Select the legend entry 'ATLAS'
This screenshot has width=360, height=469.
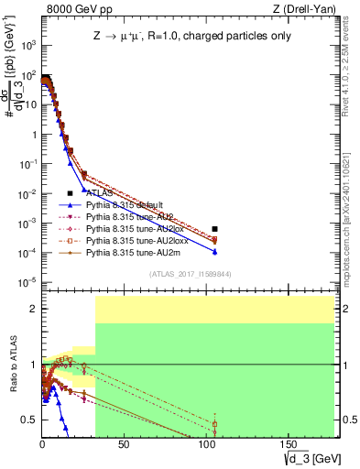click(x=100, y=193)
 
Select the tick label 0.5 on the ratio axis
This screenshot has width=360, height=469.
click(x=28, y=420)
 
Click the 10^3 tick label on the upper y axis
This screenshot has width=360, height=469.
click(x=27, y=45)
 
